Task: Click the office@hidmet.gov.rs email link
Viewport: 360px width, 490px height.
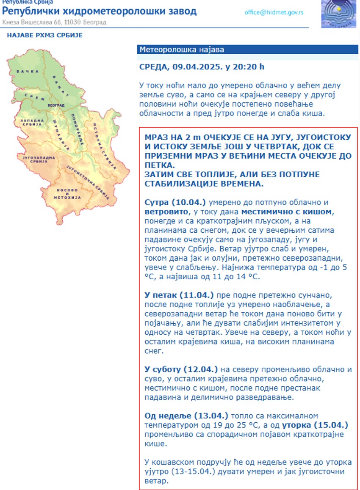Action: click(x=274, y=12)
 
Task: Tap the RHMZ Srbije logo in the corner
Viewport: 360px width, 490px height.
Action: click(x=338, y=14)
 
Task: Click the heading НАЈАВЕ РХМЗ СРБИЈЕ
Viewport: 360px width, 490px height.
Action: click(x=44, y=35)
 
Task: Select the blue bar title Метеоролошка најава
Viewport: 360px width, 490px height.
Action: click(x=182, y=50)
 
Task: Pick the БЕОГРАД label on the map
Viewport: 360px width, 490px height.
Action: click(x=56, y=105)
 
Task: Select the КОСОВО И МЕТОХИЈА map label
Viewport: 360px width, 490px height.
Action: click(x=67, y=194)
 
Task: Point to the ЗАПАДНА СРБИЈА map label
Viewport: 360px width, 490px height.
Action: click(x=32, y=123)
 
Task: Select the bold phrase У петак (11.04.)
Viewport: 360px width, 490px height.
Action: click(x=179, y=295)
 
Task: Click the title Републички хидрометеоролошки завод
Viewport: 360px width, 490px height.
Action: click(x=100, y=11)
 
